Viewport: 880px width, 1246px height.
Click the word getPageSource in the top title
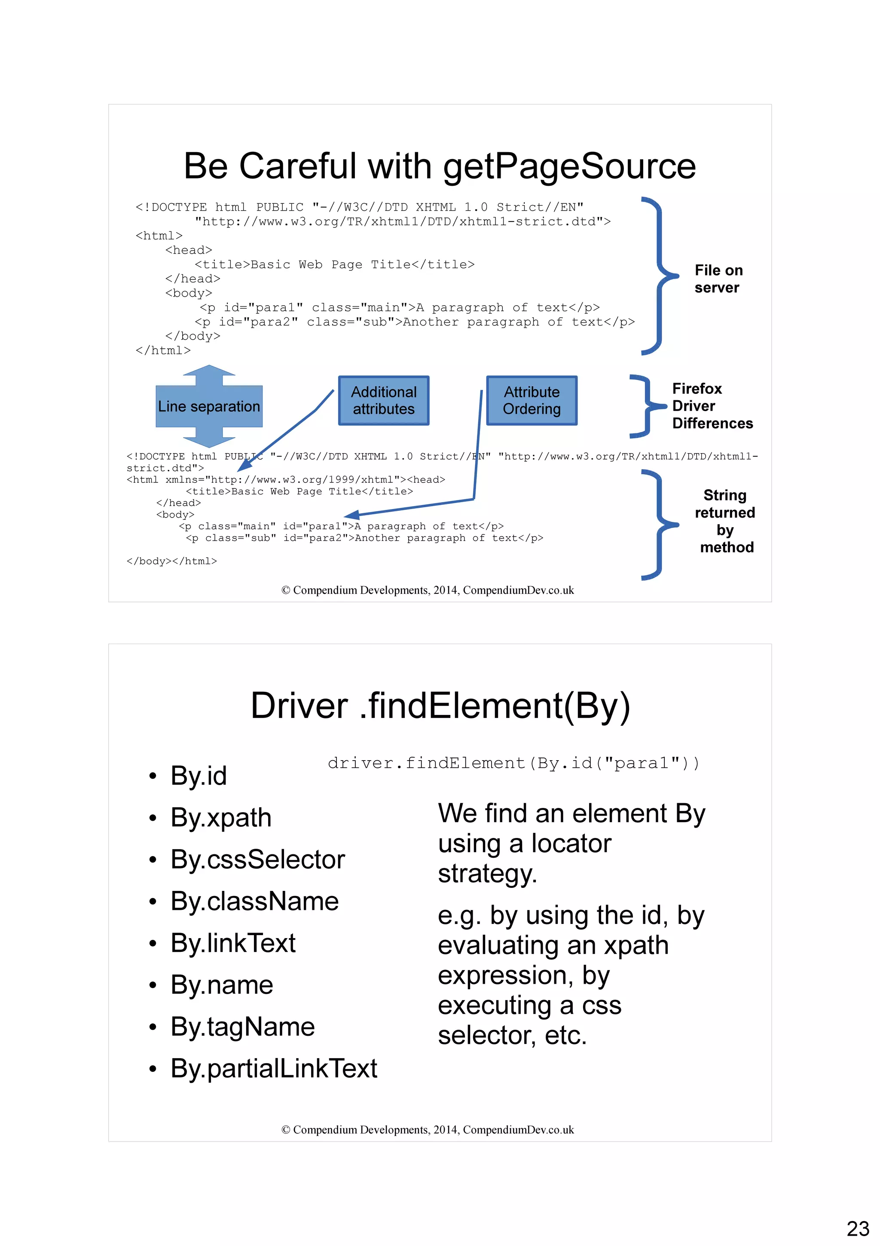(x=569, y=166)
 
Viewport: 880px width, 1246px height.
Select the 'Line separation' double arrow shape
(x=209, y=406)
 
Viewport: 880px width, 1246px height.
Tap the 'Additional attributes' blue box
(x=383, y=401)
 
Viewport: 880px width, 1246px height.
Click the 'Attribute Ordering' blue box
(x=532, y=401)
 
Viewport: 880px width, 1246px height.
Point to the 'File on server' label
(x=718, y=279)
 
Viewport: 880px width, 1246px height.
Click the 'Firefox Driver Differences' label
(x=712, y=406)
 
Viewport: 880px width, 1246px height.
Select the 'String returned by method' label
(x=725, y=521)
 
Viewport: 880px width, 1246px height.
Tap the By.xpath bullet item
(x=221, y=818)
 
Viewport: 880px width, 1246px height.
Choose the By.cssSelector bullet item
(x=257, y=859)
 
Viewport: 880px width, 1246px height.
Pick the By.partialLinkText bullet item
(x=273, y=1068)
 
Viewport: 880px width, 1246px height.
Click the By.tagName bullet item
(x=242, y=1027)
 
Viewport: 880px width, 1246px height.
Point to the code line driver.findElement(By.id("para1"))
(x=513, y=764)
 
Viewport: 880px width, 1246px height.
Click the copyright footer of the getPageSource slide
(x=427, y=590)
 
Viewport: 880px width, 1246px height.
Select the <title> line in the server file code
(x=334, y=265)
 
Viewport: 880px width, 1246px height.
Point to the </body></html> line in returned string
(x=171, y=561)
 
